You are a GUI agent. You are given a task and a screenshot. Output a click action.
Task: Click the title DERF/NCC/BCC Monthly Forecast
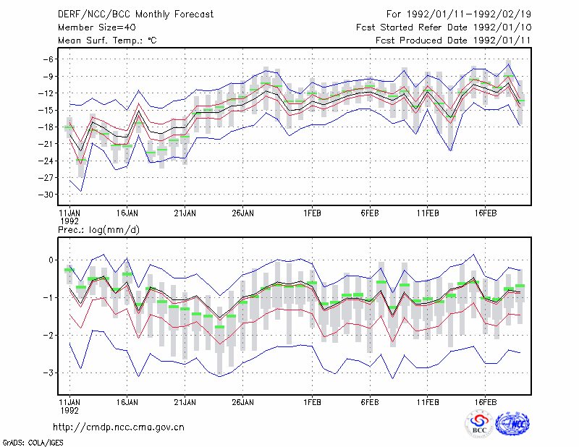tap(135, 14)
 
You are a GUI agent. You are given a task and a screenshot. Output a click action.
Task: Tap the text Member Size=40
tap(97, 27)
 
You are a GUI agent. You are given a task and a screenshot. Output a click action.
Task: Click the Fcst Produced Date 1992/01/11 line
tap(453, 41)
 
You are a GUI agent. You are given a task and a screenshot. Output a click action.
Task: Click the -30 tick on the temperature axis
tap(46, 195)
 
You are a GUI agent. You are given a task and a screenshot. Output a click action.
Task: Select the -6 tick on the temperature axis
tap(48, 59)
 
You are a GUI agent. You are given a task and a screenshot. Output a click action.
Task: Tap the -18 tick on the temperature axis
tap(46, 127)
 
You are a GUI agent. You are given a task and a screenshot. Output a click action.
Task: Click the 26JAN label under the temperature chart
tap(242, 213)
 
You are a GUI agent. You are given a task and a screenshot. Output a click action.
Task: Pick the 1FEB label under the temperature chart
tap(313, 213)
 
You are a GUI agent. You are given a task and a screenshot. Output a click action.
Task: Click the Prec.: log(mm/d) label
tap(98, 230)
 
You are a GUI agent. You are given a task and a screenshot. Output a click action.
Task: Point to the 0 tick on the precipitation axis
tap(51, 260)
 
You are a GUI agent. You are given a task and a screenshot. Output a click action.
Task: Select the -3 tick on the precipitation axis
tap(48, 372)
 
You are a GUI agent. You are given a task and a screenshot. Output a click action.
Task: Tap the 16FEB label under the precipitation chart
tap(485, 402)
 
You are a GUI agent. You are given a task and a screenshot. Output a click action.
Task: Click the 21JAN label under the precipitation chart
tap(185, 402)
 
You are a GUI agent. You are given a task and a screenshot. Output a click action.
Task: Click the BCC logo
tap(479, 424)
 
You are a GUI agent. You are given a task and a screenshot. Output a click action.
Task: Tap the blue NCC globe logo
tap(512, 424)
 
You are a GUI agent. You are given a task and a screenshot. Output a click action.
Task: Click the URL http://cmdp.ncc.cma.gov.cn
tap(119, 427)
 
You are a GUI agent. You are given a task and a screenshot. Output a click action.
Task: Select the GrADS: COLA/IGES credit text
tap(33, 443)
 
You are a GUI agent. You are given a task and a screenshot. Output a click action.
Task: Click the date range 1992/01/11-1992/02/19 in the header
tap(469, 14)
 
